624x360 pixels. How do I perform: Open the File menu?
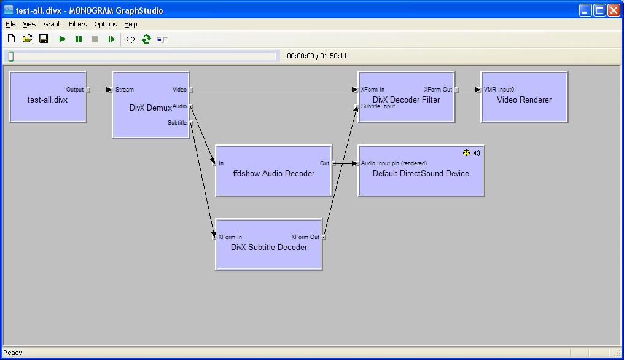10,24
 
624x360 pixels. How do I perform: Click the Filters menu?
77,24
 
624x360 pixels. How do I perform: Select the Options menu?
106,24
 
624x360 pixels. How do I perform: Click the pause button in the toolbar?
79,39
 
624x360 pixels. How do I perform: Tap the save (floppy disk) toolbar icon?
44,39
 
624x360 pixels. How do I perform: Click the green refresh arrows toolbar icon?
146,39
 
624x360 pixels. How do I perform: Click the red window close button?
614,10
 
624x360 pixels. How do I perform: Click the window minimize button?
585,10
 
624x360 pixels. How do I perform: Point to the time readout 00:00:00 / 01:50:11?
317,56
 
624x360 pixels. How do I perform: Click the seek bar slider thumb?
11,57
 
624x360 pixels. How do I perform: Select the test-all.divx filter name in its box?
47,100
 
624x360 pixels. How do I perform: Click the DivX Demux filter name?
150,108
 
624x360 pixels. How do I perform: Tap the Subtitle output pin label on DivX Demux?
177,123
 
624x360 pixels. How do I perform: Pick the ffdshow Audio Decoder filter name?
274,174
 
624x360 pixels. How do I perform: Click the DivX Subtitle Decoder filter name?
269,248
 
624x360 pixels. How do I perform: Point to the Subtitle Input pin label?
378,106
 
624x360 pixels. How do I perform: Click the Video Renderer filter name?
524,100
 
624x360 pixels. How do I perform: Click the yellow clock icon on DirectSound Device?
466,152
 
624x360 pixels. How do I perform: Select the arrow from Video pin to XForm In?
275,90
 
